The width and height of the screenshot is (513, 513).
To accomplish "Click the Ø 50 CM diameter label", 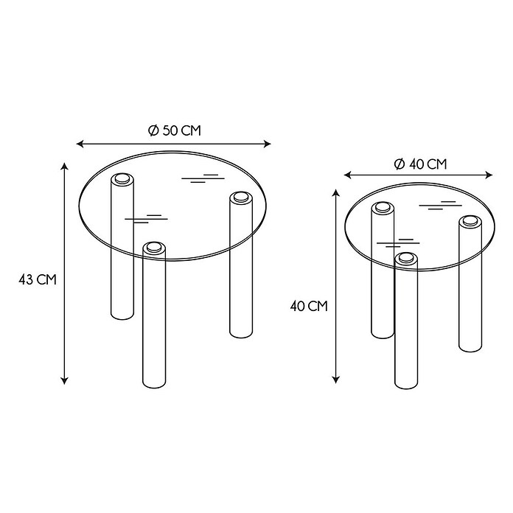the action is [174, 130].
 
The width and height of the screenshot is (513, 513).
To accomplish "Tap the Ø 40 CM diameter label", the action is [420, 164].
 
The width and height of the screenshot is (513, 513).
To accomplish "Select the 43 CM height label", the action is [38, 280].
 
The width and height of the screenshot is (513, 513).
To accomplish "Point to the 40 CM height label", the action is [309, 306].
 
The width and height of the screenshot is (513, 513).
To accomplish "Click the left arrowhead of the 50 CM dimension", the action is [80, 144].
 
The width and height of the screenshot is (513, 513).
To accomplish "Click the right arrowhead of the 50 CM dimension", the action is [268, 144].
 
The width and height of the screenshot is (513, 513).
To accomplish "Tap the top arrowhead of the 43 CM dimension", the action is [65, 166].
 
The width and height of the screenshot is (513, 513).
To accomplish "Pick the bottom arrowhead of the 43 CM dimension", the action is [65, 380].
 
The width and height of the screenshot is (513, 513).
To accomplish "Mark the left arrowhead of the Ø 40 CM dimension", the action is [347, 175].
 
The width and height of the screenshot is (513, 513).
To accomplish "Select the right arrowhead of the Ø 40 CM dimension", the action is [489, 175].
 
